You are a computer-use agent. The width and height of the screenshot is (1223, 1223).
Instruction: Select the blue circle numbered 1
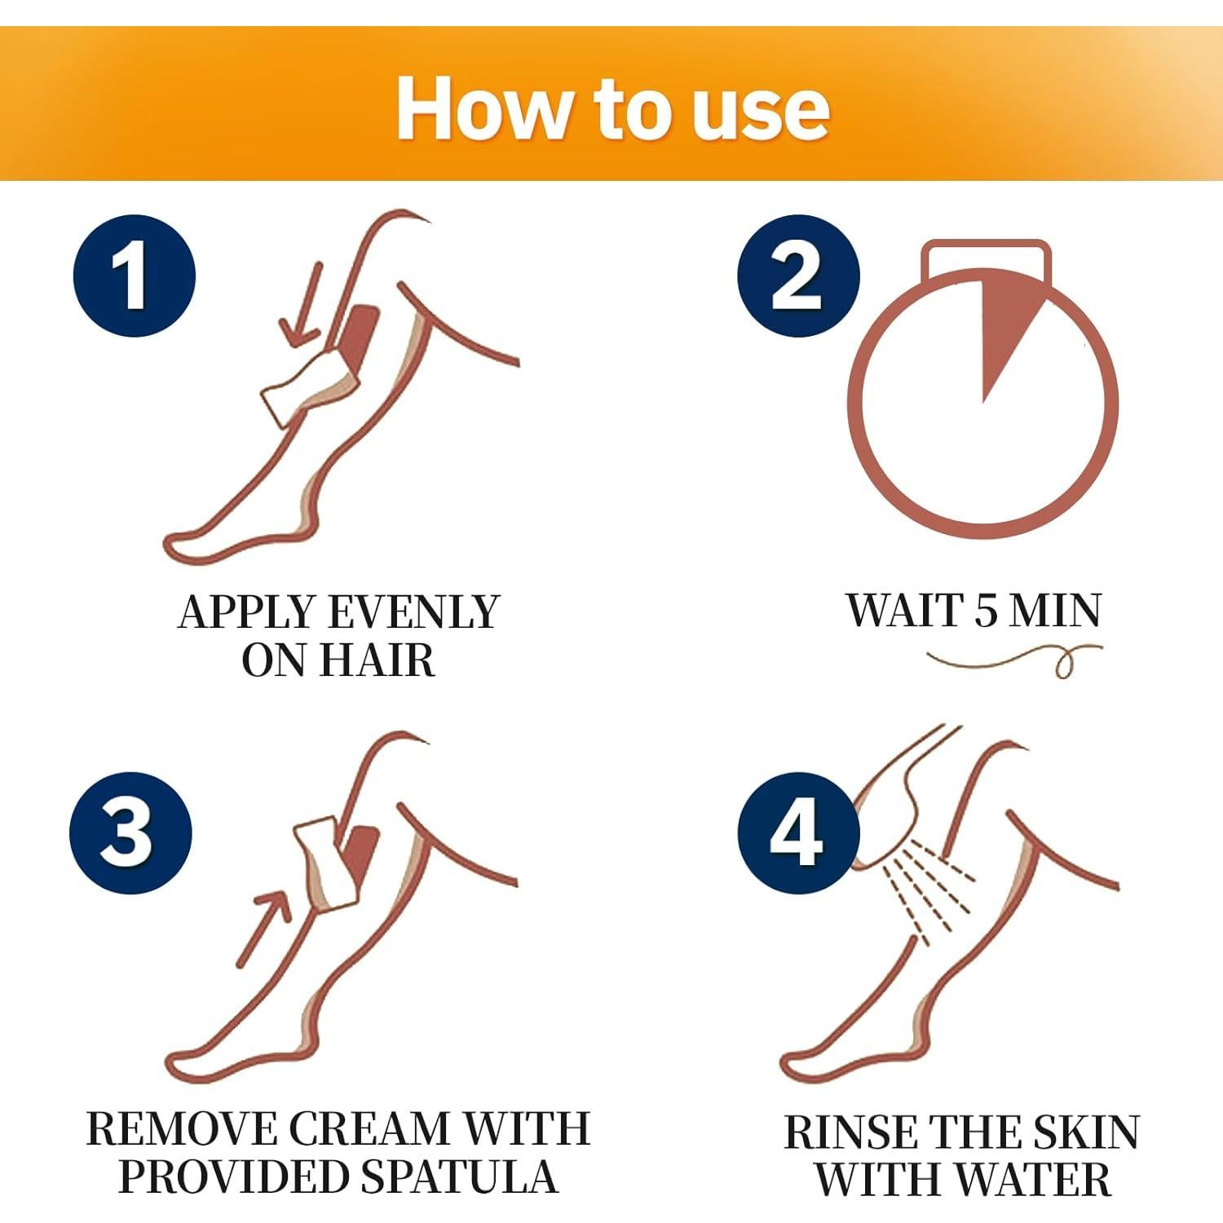click(134, 276)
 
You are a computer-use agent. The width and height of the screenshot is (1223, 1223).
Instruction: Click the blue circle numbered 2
click(797, 276)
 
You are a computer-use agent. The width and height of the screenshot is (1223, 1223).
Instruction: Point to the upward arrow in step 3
click(265, 925)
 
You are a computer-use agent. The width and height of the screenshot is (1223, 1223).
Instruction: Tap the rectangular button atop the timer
click(985, 254)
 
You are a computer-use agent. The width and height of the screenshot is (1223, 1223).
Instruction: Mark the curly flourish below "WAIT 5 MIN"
click(1015, 659)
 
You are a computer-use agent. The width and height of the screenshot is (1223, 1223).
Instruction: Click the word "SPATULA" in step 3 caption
click(460, 1177)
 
